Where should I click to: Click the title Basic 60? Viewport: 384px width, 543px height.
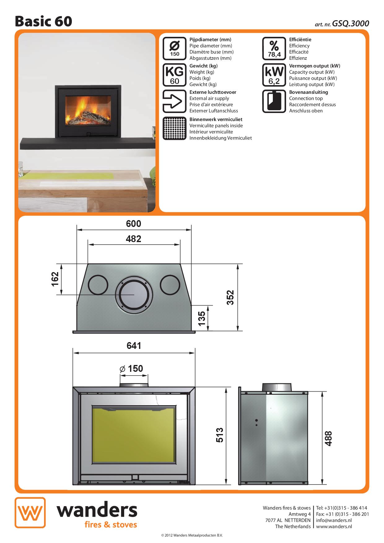pos(43,21)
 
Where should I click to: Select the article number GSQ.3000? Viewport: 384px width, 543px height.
pos(351,24)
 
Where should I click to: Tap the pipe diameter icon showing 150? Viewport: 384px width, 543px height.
pos(174,48)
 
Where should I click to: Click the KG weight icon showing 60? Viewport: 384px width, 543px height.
pos(174,75)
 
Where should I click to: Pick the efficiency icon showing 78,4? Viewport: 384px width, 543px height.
pos(274,48)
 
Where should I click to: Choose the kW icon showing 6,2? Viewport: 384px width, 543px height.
pos(274,75)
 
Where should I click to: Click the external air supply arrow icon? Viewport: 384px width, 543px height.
pos(174,101)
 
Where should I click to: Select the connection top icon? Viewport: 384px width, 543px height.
pos(274,101)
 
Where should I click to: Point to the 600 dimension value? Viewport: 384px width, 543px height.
pos(133,224)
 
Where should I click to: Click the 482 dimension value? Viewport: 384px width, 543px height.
pos(133,239)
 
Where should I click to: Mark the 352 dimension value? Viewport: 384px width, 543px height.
pos(230,298)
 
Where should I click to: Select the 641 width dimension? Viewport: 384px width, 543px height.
pos(134,345)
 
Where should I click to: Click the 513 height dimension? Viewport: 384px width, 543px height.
pos(219,435)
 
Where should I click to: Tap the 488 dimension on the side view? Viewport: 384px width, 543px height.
pos(328,438)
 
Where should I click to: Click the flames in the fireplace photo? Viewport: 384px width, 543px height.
pos(87,107)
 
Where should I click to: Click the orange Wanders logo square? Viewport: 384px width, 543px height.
pos(30,513)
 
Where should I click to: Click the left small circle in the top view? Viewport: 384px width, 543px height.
pos(98,285)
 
